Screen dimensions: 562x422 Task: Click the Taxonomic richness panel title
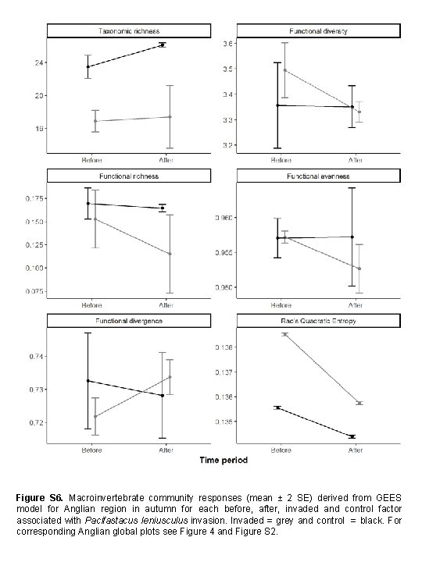click(128, 30)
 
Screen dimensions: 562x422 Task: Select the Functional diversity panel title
click(319, 30)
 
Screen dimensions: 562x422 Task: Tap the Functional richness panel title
click(128, 175)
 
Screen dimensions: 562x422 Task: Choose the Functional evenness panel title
click(319, 175)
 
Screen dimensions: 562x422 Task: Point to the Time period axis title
click(223, 461)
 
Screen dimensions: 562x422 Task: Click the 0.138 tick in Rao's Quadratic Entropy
click(224, 347)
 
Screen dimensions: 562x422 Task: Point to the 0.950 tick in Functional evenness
click(224, 288)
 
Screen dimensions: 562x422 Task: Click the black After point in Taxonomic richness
click(163, 44)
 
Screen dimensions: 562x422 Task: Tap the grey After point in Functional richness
click(170, 254)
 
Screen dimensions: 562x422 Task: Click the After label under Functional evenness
click(356, 305)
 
